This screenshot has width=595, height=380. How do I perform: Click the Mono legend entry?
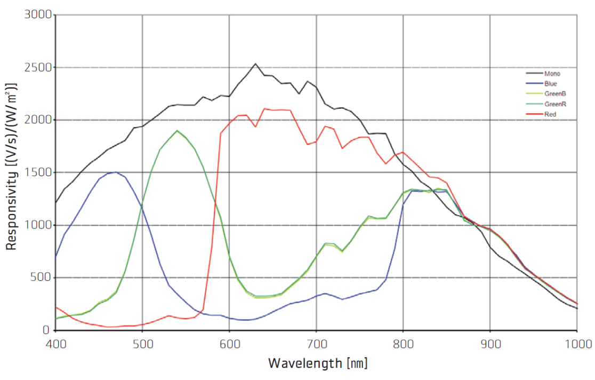pyautogui.click(x=552, y=74)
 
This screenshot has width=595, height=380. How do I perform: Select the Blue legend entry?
pyautogui.click(x=551, y=84)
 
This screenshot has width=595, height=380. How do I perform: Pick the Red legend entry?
pyautogui.click(x=550, y=114)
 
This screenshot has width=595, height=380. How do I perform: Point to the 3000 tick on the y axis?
pyautogui.click(x=38, y=15)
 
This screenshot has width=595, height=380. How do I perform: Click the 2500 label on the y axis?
pyautogui.click(x=38, y=68)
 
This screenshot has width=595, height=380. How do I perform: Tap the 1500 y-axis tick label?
pyautogui.click(x=38, y=172)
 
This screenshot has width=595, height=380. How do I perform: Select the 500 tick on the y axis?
pyautogui.click(x=41, y=278)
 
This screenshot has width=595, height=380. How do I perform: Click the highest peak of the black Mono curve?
pyautogui.click(x=255, y=64)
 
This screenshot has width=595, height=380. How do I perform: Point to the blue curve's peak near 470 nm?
pyautogui.click(x=116, y=172)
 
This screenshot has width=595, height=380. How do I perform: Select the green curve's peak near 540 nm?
pyautogui.click(x=177, y=130)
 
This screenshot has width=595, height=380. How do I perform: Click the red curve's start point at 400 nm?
pyautogui.click(x=57, y=307)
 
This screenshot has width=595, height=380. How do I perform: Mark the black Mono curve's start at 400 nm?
pyautogui.click(x=57, y=202)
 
